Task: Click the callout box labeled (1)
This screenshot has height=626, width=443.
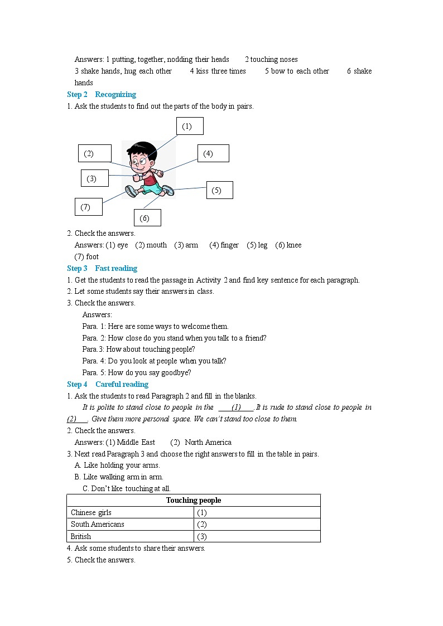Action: pyautogui.click(x=190, y=126)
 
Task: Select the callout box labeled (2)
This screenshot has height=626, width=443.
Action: pyautogui.click(x=94, y=153)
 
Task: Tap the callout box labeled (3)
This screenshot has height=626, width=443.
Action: pyautogui.click(x=94, y=178)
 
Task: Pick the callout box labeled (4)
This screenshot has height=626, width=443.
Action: pyautogui.click(x=213, y=153)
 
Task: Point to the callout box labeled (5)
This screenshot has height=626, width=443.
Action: pyautogui.click(x=219, y=190)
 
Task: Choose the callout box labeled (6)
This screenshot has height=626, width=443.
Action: pyautogui.click(x=147, y=218)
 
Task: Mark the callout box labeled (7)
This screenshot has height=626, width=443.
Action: pyautogui.click(x=89, y=207)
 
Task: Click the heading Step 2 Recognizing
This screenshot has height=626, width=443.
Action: pyautogui.click(x=102, y=94)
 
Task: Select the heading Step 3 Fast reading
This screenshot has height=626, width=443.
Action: pyautogui.click(x=102, y=268)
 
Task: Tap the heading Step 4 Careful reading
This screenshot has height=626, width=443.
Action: pyautogui.click(x=108, y=384)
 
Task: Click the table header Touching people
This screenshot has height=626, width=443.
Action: pyautogui.click(x=194, y=500)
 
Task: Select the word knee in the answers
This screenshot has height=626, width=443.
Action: pyautogui.click(x=293, y=245)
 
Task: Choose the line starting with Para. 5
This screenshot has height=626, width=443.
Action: pyautogui.click(x=137, y=372)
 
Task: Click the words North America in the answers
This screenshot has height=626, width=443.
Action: pyautogui.click(x=208, y=442)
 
